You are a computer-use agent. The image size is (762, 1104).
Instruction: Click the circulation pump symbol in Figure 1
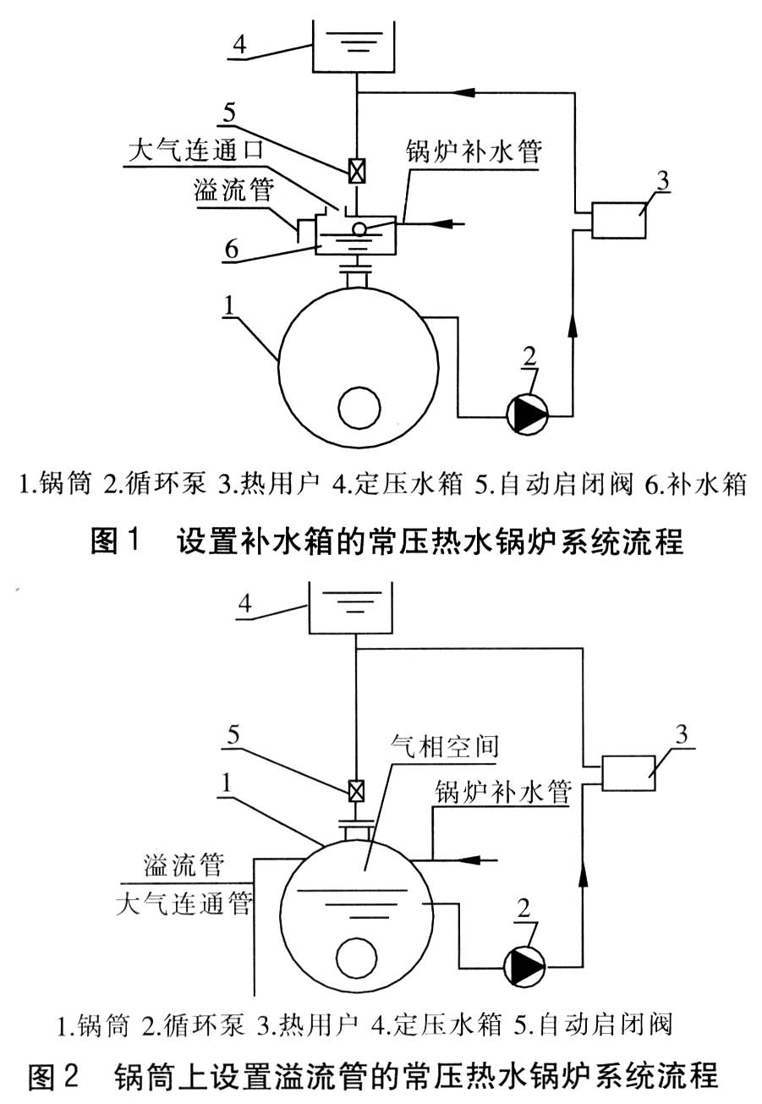(x=527, y=413)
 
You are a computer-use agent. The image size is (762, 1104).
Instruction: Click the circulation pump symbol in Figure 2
(x=524, y=964)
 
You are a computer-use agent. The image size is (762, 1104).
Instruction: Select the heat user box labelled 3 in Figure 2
(x=627, y=772)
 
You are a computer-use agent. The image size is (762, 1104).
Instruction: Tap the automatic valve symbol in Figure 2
(x=358, y=791)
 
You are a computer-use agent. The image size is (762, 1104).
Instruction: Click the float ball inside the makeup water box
(x=359, y=228)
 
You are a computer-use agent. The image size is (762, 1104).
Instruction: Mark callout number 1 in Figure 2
(x=224, y=786)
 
